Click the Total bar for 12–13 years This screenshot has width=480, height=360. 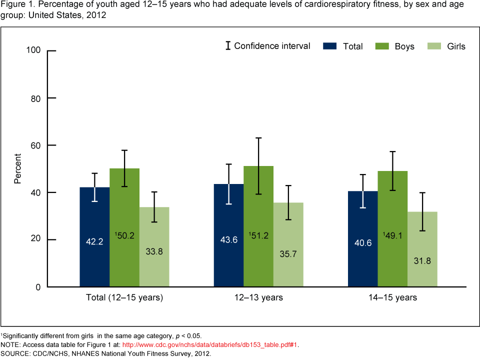228,235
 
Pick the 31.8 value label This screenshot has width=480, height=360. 422,260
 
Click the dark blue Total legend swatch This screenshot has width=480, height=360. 330,46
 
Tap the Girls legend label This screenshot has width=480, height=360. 455,46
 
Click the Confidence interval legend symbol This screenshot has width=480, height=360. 228,46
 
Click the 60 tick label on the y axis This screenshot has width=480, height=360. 36,145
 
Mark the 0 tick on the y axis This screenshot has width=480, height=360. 38,287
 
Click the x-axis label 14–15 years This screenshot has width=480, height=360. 392,298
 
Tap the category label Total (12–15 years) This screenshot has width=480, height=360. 124,298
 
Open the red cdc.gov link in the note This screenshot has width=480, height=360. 210,344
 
